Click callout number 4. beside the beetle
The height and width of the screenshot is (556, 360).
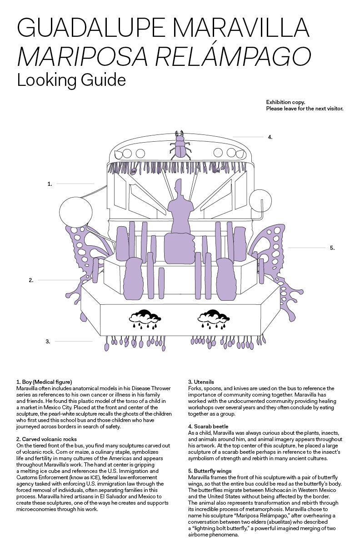[x=270, y=137]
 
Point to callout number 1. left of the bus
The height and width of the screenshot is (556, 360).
[x=50, y=184]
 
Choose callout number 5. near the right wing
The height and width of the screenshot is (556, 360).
[x=332, y=248]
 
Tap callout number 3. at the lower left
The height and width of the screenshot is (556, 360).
[x=48, y=341]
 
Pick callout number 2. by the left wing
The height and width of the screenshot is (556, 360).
[x=31, y=280]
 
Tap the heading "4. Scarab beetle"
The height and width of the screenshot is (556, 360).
[x=208, y=427]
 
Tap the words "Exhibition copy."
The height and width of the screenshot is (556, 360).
[x=285, y=103]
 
